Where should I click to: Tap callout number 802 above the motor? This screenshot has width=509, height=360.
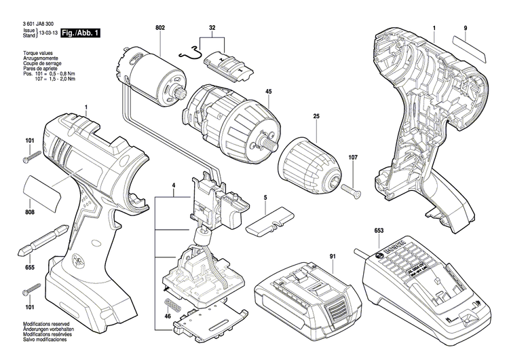coord(159,27)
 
